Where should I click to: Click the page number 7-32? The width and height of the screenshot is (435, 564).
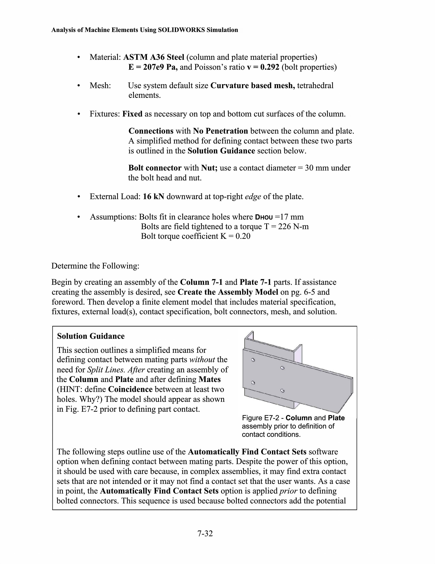tap(205, 533)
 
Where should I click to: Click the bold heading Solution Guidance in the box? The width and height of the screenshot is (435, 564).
tap(91, 336)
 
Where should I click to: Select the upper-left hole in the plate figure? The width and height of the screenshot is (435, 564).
tap(253, 360)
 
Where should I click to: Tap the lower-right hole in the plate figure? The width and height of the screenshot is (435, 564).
tap(282, 391)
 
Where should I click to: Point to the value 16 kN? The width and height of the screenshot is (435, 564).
tap(153, 197)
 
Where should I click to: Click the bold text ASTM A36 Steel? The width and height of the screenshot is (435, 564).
tap(154, 57)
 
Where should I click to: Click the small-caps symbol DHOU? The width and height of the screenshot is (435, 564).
tap(264, 217)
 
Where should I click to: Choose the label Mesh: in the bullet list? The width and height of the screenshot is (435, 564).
tap(100, 85)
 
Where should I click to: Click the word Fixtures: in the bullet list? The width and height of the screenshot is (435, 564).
tap(105, 114)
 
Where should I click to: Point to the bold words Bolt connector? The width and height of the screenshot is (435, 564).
tap(155, 168)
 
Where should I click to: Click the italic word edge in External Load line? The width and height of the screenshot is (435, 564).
tap(253, 197)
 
